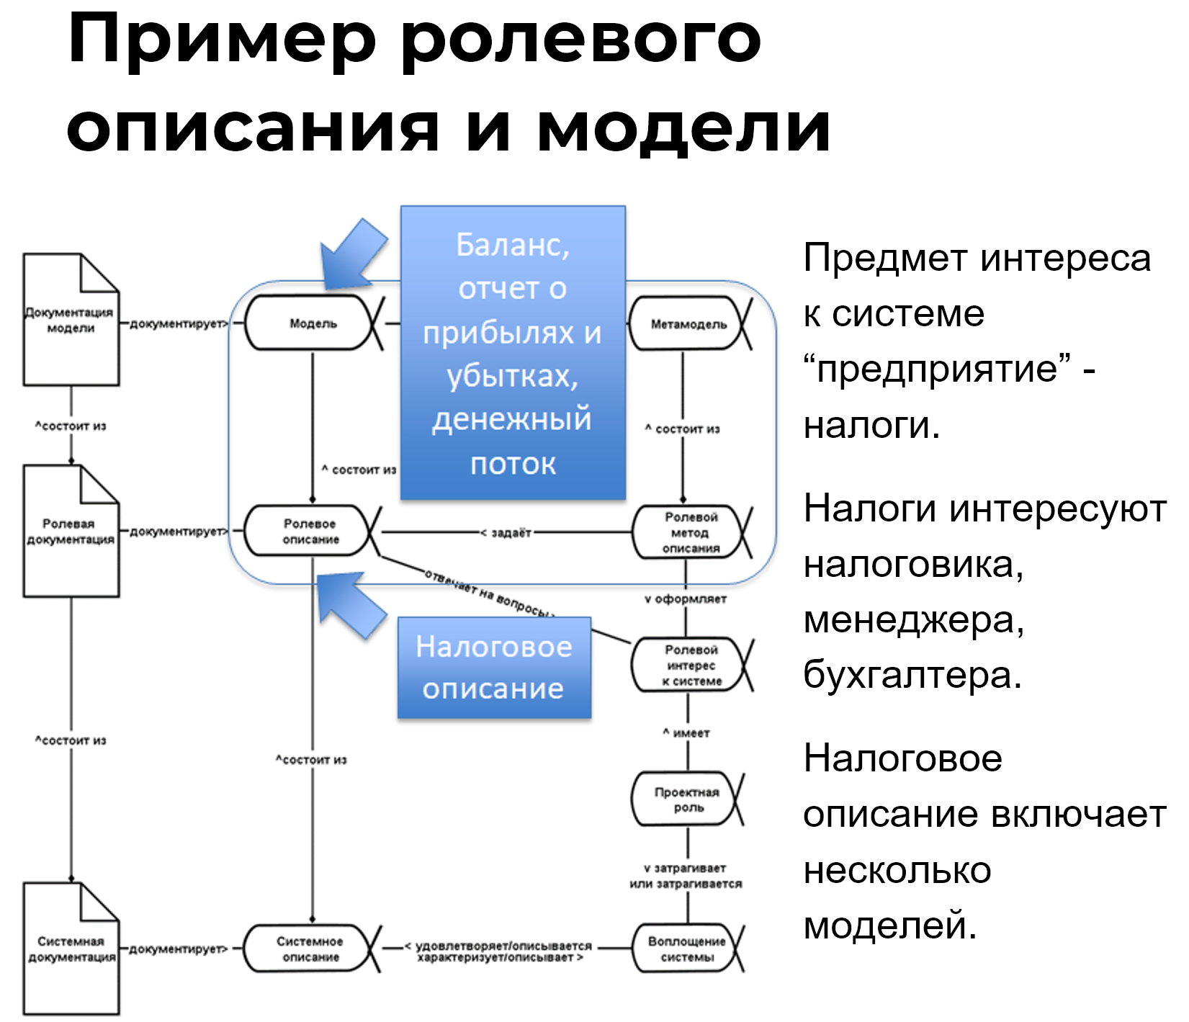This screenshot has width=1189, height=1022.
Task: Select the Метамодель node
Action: coord(688,324)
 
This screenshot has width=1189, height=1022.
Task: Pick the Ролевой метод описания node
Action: coord(690,533)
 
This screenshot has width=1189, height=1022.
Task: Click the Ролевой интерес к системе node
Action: coord(690,665)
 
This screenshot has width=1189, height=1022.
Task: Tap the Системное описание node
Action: coord(310,949)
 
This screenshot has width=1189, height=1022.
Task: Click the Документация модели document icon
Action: coord(71,321)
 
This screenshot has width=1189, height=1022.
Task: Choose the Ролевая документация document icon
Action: coord(71,532)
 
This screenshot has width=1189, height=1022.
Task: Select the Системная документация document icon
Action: coord(71,949)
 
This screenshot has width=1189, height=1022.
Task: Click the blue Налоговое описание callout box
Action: coord(494,668)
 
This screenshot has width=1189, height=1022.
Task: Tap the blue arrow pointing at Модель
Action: coord(352,256)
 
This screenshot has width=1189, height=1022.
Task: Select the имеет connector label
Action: coord(687,733)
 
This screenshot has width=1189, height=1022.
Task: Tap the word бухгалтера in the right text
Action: coord(912,676)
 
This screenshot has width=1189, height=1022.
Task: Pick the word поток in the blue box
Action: coord(513,464)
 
